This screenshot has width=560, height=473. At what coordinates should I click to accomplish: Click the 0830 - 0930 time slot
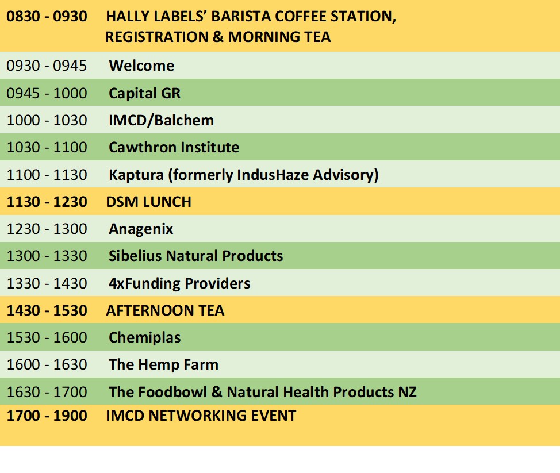pos(47,17)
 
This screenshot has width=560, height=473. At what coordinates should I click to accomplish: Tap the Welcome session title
pos(141,66)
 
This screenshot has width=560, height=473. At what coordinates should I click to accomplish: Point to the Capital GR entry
pos(144,94)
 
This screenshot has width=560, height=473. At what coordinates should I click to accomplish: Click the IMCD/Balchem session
pos(161,120)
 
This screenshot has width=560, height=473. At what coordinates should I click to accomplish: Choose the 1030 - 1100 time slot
pos(47,148)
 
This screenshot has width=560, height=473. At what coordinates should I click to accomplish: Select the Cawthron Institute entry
pos(174,148)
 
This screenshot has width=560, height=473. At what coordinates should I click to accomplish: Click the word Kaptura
pos(136,175)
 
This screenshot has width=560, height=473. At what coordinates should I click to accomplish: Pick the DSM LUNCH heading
pos(148,202)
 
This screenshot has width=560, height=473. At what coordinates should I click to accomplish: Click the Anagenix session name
pos(141,229)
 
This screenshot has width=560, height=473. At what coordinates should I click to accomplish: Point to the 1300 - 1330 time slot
pos(47,256)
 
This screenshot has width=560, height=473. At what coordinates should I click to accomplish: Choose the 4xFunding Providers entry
pos(179,283)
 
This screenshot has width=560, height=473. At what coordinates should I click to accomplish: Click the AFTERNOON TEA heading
pos(165,310)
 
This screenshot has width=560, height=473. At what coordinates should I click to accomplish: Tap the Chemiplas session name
pos(144,338)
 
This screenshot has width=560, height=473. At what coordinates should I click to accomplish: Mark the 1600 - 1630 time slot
pos(47,364)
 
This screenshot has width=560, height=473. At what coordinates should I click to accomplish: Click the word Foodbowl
pos(172,392)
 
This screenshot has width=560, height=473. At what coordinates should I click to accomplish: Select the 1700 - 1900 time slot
pos(47,416)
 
